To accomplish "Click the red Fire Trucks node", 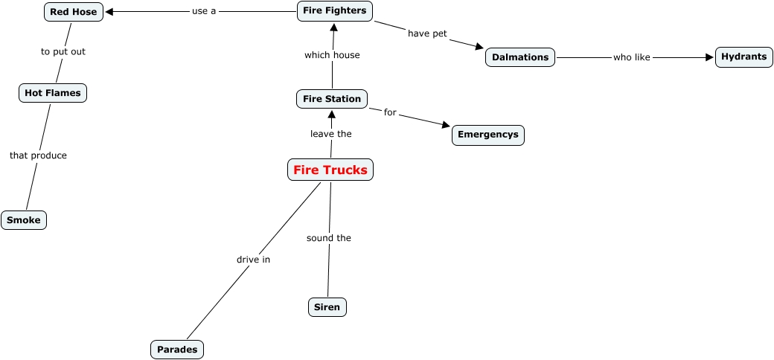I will click(x=330, y=170).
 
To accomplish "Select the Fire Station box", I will click(x=332, y=98).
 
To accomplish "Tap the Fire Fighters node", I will click(x=334, y=10).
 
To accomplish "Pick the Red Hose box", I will click(x=74, y=12).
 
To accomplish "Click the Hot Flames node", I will click(x=53, y=93).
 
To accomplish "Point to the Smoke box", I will click(x=24, y=220).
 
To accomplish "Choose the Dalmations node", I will click(x=520, y=57).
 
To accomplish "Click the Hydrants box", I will click(x=743, y=57).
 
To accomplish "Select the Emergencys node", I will click(x=488, y=135).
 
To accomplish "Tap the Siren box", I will click(x=327, y=306).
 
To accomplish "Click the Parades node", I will click(x=177, y=349).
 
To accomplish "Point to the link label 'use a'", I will click(x=204, y=11).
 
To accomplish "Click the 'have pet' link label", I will click(x=427, y=33).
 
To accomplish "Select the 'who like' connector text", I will click(x=632, y=57).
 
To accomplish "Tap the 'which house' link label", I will click(x=332, y=55).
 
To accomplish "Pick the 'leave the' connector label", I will click(x=331, y=134).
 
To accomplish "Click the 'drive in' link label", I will click(x=253, y=260).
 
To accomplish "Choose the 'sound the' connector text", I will click(x=329, y=238).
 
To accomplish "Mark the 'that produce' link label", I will click(x=38, y=155).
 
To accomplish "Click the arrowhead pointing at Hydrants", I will click(x=709, y=57).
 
